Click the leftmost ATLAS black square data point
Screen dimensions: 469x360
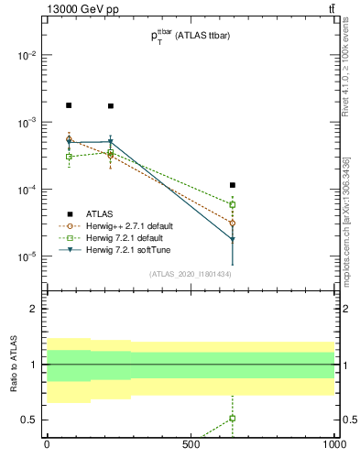[x=69, y=105]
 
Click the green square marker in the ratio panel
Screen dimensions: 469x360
[x=233, y=419]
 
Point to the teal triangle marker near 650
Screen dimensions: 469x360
[x=233, y=240]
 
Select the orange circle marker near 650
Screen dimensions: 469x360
[x=233, y=223]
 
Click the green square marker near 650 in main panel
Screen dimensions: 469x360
[x=233, y=204]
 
